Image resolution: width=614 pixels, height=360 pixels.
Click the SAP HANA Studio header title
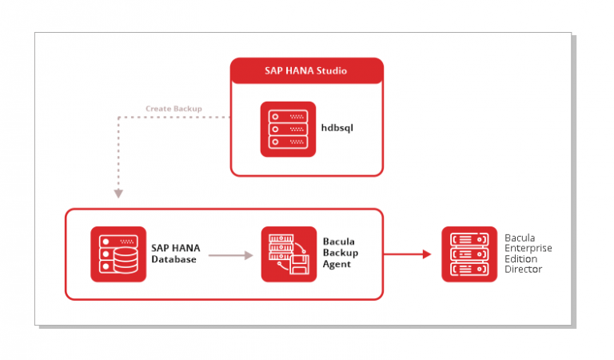(x=305, y=71)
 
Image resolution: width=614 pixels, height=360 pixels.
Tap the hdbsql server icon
(x=288, y=130)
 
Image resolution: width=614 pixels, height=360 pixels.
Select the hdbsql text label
(x=337, y=128)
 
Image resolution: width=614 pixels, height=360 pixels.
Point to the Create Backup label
(x=173, y=109)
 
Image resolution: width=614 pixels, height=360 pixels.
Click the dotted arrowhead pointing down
(x=118, y=194)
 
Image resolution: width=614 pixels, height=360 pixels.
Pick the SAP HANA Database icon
(x=118, y=254)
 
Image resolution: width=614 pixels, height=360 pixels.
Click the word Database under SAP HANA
(x=173, y=259)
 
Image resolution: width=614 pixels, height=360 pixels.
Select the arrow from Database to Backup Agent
(x=230, y=255)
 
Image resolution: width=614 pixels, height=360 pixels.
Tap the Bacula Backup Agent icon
(x=289, y=254)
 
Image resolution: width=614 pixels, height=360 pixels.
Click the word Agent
(x=337, y=265)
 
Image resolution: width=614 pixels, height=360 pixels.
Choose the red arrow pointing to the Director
(x=407, y=254)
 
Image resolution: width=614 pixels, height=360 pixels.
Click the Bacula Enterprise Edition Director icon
(x=469, y=254)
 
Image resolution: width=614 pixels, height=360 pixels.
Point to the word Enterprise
(x=528, y=248)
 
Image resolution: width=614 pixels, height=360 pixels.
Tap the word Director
(x=523, y=269)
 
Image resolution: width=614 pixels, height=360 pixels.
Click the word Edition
(x=520, y=259)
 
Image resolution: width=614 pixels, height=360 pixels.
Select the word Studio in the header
(x=332, y=71)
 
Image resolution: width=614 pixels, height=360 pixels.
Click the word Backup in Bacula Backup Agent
(x=341, y=253)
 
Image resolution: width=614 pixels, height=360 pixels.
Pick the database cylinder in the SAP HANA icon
(x=126, y=259)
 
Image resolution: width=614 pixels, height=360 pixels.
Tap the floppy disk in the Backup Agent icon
(x=300, y=265)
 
